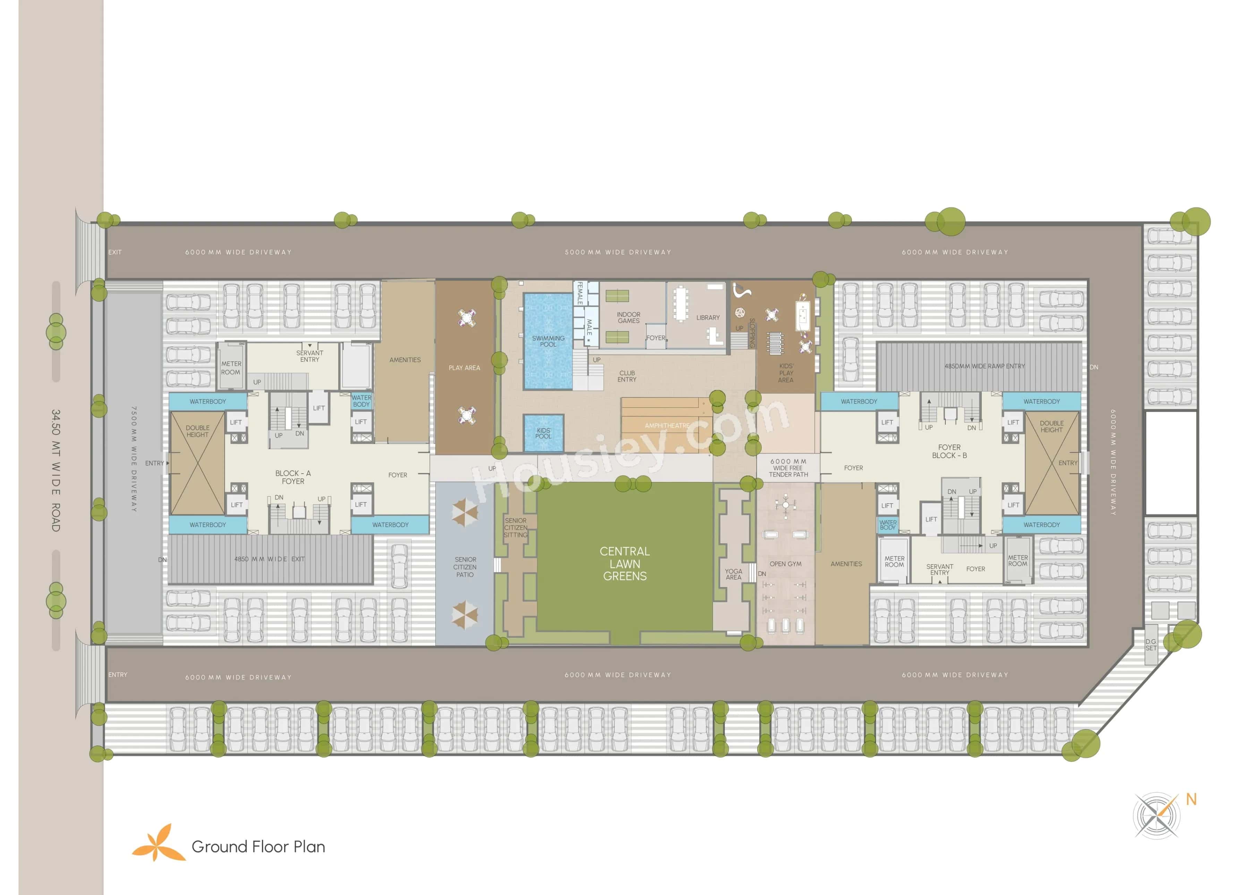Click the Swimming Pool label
pos(548,341)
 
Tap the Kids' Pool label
pos(544,433)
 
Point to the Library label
pos(708,317)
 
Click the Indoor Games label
pos(628,317)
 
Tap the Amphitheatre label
pos(667,425)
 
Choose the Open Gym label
pos(785,564)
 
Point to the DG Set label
pos(1151,645)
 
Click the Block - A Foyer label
pos(293,477)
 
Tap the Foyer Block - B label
pos(949,451)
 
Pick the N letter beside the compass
pos(1191,799)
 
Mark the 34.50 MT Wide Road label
pos(56,470)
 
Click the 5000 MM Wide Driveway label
pos(618,252)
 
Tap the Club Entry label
pos(627,376)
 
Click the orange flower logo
pos(158,843)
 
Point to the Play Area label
pos(464,368)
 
